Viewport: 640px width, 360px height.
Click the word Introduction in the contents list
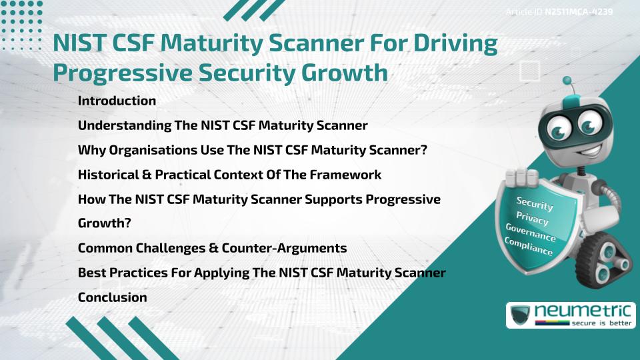click(117, 101)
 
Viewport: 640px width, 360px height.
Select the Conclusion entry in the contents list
click(112, 297)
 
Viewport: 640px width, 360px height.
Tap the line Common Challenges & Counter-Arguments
click(212, 248)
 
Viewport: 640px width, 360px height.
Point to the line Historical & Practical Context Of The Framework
click(229, 175)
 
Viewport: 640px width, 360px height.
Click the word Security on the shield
click(535, 203)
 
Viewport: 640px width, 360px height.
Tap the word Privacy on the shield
click(533, 219)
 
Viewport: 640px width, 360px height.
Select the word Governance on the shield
click(531, 234)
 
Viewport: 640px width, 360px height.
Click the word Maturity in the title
click(219, 45)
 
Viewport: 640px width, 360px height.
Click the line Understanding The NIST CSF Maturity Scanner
click(223, 125)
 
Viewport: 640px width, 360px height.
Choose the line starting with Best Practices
click(261, 273)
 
